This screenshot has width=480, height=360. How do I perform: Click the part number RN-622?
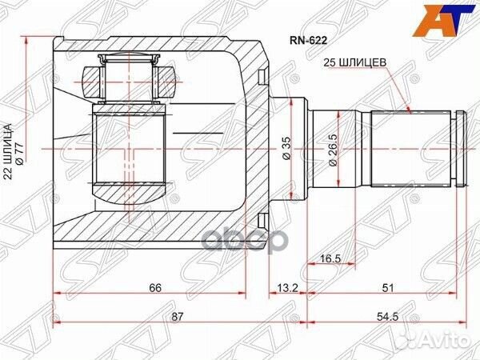[309, 40]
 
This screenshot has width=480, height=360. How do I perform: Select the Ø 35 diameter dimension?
[287, 148]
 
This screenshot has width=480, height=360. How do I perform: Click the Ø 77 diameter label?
[19, 154]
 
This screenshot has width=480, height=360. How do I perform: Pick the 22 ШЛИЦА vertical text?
[7, 151]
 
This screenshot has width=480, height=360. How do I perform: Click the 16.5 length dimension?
[330, 258]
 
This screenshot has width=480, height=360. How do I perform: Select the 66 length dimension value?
[155, 288]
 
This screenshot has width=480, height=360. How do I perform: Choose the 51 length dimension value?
[387, 288]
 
